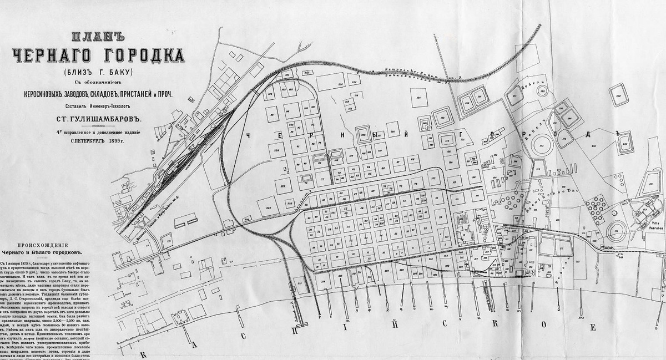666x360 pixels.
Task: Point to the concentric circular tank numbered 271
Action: click(618, 230)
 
